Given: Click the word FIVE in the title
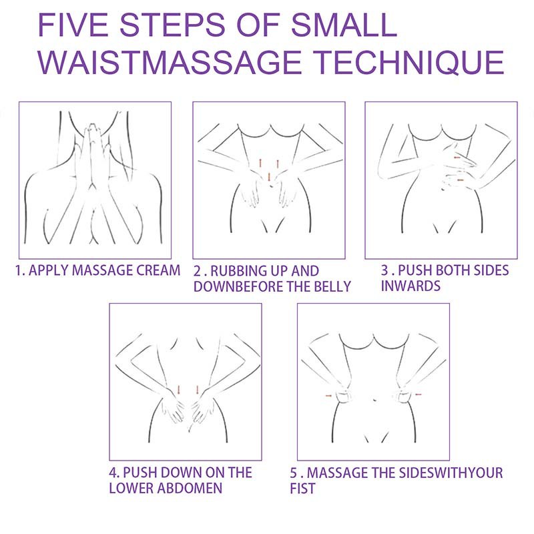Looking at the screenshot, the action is tap(73, 25).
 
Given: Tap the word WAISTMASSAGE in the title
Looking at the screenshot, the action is tap(170, 62).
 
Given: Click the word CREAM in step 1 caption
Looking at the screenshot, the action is tap(158, 270).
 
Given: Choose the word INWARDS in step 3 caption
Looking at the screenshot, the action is tap(411, 286).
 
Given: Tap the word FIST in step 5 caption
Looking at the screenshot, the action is tap(303, 489).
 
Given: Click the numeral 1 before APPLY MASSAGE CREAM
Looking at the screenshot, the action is tap(19, 270).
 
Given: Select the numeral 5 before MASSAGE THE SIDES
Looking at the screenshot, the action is tap(294, 473).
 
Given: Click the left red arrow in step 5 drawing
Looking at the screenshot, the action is tap(328, 396).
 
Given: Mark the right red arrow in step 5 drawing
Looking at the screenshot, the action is tap(418, 394).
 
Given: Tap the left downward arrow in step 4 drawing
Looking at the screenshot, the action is tap(179, 390).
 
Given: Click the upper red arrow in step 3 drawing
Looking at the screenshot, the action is tap(457, 158).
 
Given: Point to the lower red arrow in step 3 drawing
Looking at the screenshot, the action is tap(460, 180).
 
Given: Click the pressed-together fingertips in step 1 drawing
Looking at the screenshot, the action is tap(92, 127).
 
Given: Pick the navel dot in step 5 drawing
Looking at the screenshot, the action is tap(374, 400).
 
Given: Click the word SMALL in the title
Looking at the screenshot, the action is tap(344, 25).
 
